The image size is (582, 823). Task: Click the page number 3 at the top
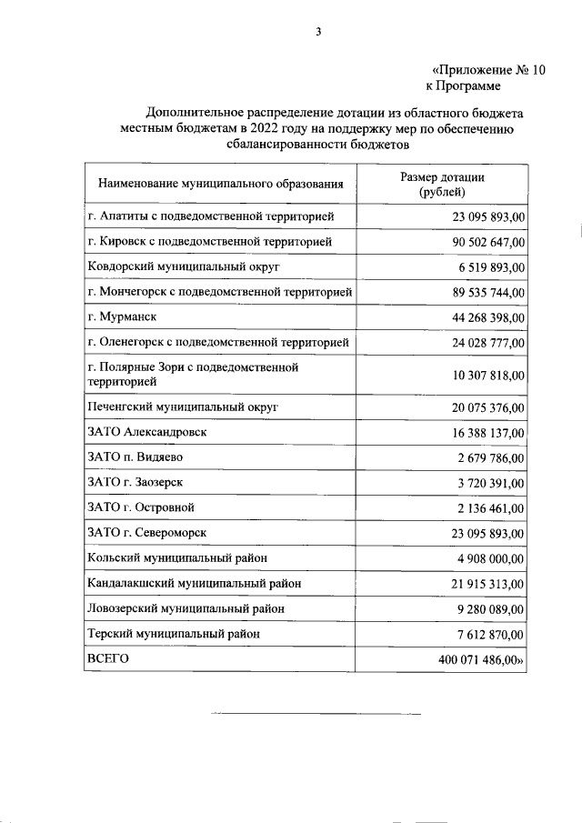[x=318, y=32]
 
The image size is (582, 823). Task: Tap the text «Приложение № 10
[x=487, y=70]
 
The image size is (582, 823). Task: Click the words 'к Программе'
[x=463, y=86]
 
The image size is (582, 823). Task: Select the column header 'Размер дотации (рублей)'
[x=443, y=185]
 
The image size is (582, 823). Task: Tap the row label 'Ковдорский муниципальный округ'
[x=183, y=267]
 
